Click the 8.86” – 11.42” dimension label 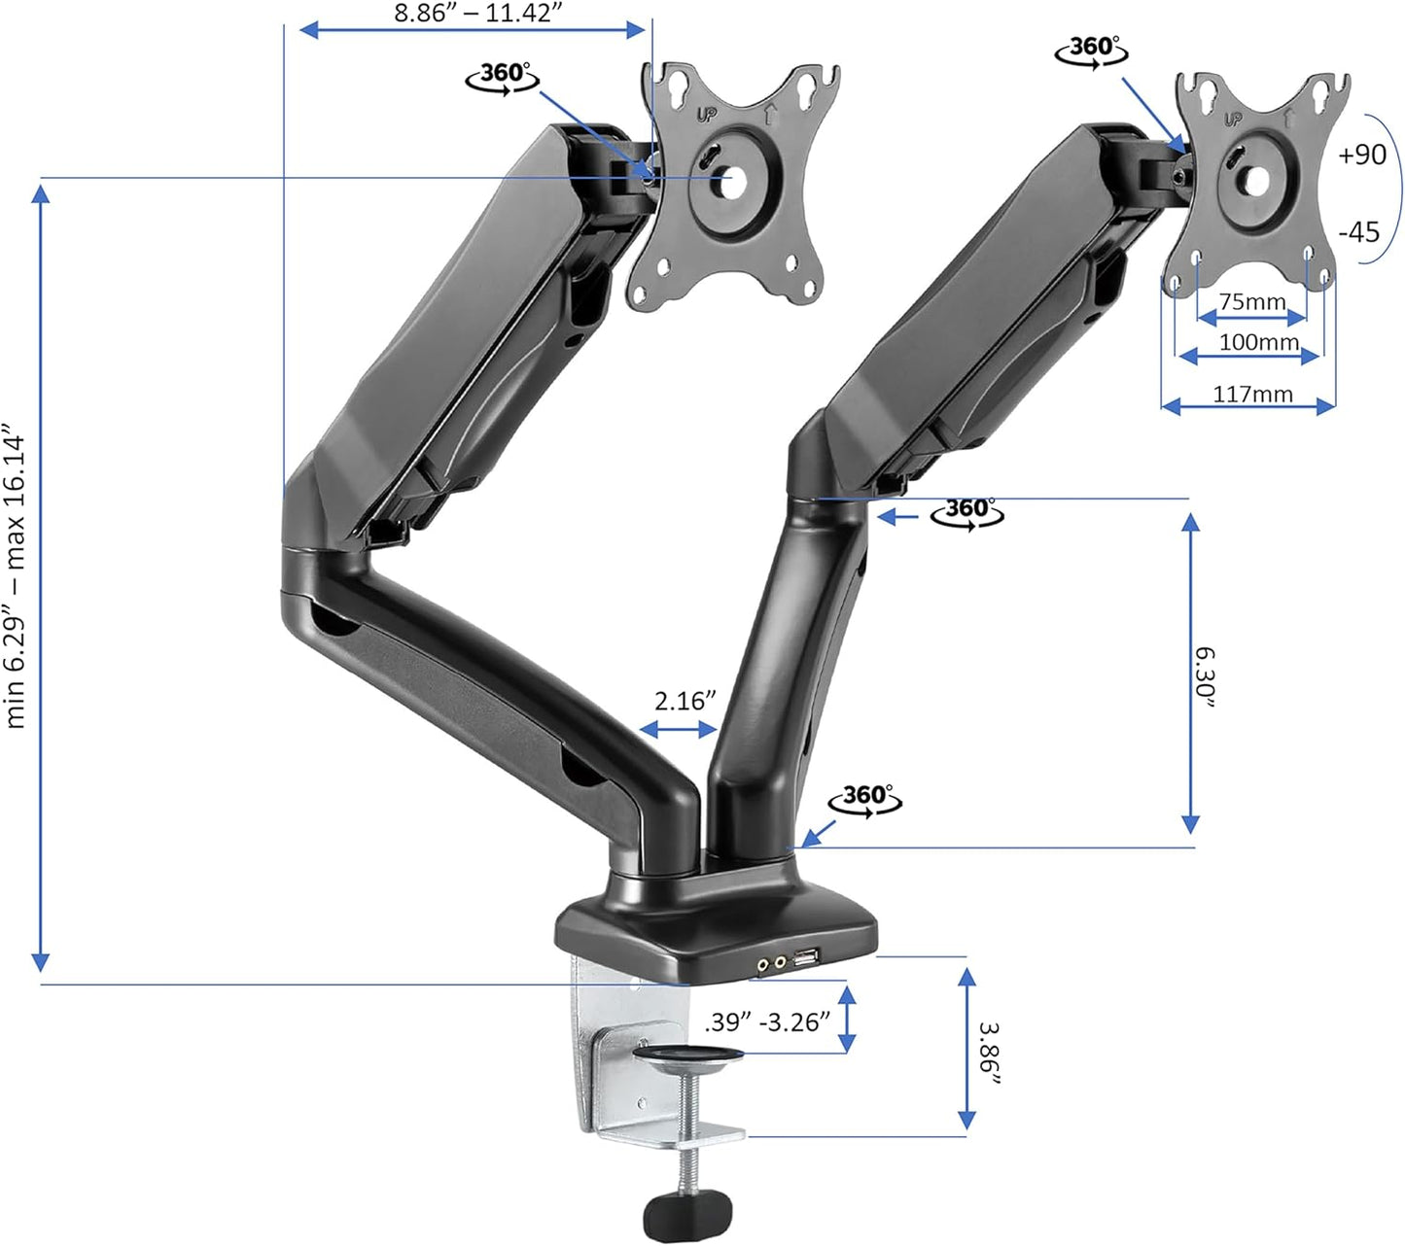[x=478, y=14]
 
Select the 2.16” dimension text [x=685, y=702]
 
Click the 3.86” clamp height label [x=989, y=1055]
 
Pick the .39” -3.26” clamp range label [x=767, y=1021]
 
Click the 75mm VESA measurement [x=1252, y=302]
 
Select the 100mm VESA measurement [x=1258, y=342]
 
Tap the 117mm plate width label [x=1252, y=394]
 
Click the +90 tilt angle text [x=1362, y=155]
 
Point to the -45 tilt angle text [x=1359, y=232]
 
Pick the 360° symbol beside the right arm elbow [x=966, y=511]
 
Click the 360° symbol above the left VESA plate [x=504, y=75]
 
